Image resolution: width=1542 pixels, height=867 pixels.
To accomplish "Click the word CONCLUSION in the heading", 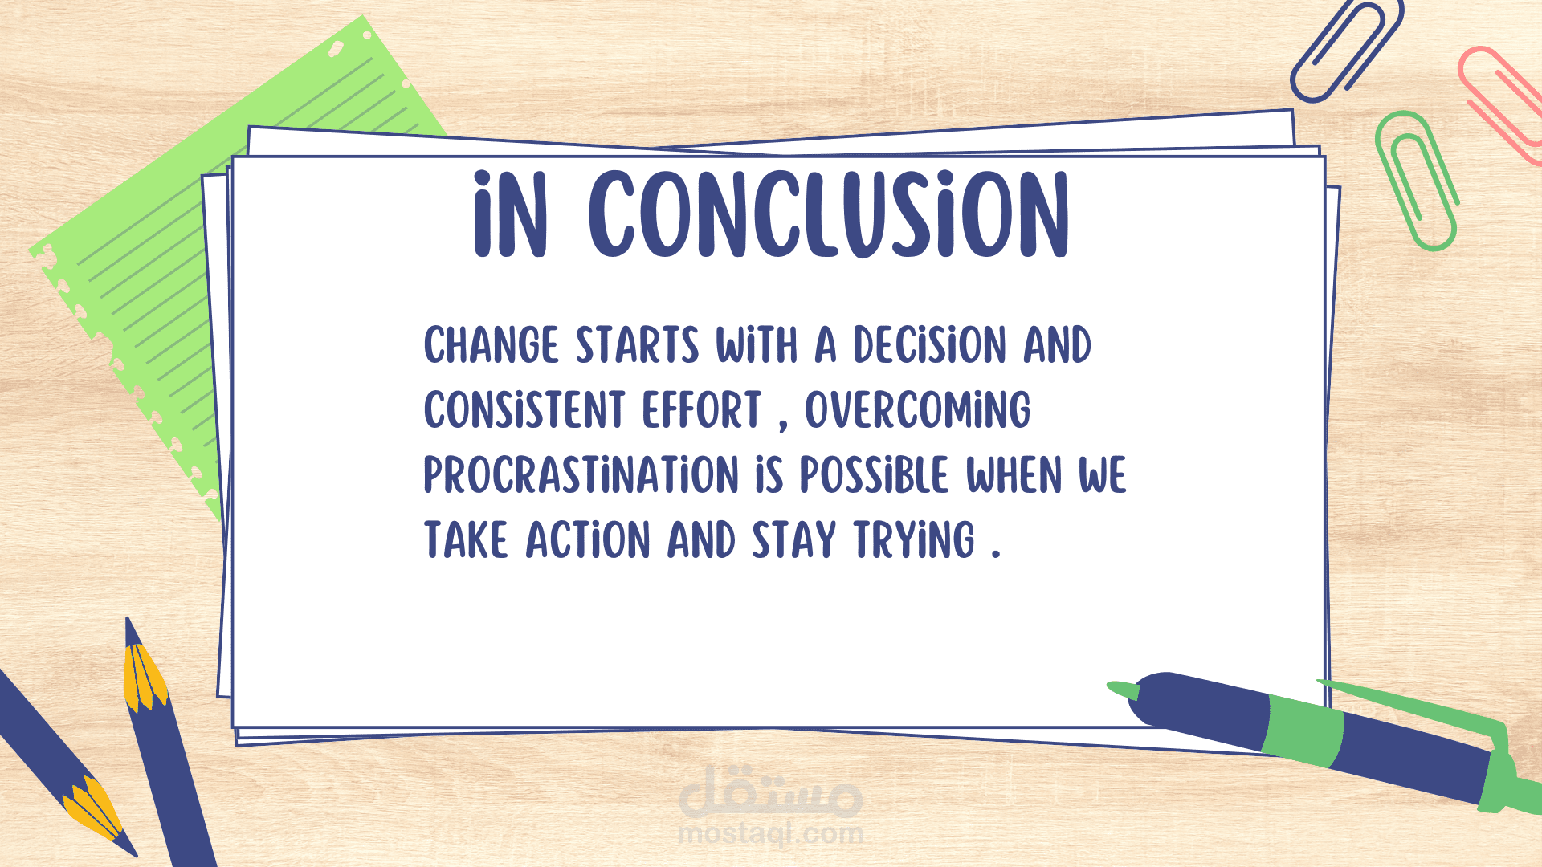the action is click(829, 215).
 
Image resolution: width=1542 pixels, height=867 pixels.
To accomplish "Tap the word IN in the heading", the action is click(511, 215).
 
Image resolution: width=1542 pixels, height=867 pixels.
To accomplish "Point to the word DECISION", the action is click(929, 345).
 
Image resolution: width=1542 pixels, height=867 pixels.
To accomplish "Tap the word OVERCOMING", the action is click(918, 409).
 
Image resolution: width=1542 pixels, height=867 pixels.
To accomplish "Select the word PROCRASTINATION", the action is click(581, 474).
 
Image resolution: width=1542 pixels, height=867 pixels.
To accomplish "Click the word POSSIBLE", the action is click(874, 474).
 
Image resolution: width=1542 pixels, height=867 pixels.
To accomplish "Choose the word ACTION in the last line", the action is click(588, 539).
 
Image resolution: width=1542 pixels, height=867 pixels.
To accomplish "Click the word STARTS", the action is click(638, 345).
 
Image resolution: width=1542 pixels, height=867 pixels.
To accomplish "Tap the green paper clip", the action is click(1416, 181).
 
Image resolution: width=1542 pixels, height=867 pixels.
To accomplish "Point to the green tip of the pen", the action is click(1123, 690).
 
